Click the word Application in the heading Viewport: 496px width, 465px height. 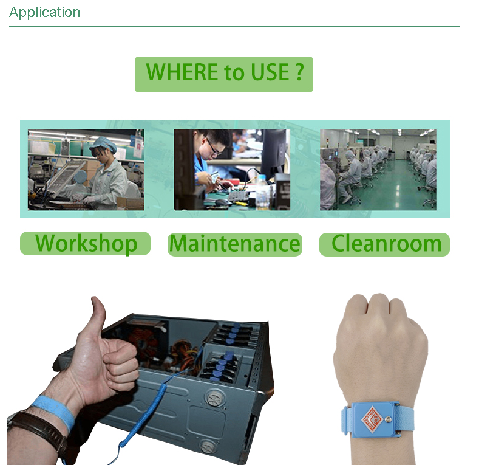coord(44,13)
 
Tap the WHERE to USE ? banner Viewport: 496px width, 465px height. coord(224,74)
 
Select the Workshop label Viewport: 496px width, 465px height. coord(85,243)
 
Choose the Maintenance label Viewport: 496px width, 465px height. coord(235,244)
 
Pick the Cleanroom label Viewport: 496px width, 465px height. coord(384,244)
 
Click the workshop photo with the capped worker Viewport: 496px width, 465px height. coord(86,170)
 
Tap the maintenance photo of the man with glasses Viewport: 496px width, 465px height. coord(232,170)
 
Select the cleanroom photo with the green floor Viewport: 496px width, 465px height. coord(378,170)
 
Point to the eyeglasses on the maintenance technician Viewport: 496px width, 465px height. coord(213,148)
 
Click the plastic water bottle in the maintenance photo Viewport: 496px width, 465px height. coord(262,193)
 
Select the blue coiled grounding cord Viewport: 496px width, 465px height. coord(151,408)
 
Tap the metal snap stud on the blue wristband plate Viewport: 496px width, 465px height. coord(389,419)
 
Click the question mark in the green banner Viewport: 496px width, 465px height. coord(300,72)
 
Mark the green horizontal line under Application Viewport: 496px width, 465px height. coord(234,27)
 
